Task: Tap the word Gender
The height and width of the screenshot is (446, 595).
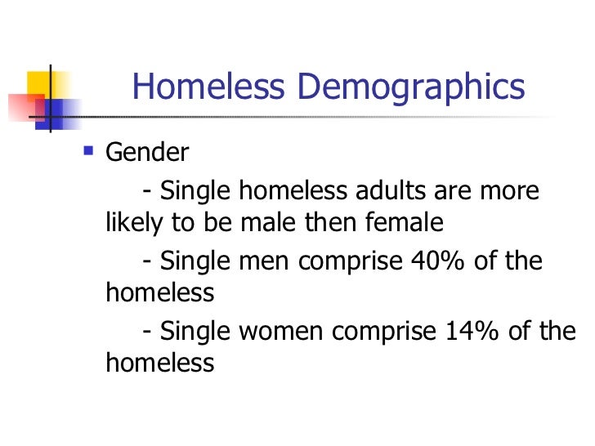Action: (147, 152)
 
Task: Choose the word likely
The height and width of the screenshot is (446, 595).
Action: (136, 221)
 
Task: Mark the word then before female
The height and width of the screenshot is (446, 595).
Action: (333, 221)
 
